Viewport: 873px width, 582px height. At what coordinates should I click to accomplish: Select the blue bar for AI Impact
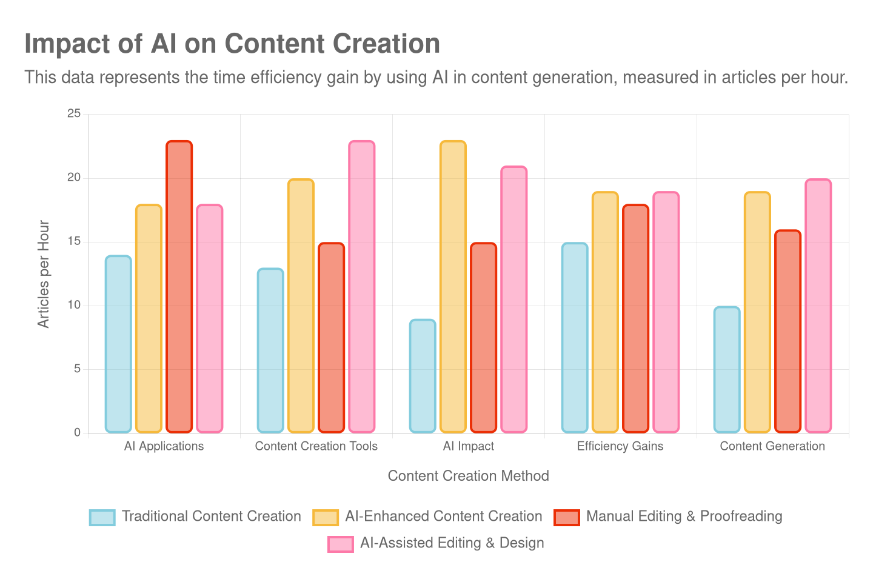(x=423, y=376)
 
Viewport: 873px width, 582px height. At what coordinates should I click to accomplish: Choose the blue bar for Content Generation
(x=727, y=370)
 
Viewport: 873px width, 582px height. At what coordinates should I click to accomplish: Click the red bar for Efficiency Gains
(x=635, y=318)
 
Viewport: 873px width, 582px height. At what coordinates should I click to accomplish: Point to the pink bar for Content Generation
(x=818, y=306)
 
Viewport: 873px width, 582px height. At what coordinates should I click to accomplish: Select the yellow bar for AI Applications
(x=149, y=318)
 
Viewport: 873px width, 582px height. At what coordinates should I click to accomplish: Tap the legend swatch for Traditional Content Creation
(x=102, y=517)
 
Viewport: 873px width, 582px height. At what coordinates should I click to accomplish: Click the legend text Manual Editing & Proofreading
(x=684, y=517)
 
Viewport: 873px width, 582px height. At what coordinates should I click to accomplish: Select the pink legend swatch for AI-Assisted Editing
(x=340, y=544)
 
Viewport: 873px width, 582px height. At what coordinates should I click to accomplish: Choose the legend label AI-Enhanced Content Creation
(x=443, y=517)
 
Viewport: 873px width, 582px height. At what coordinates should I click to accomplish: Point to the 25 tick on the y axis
(x=74, y=114)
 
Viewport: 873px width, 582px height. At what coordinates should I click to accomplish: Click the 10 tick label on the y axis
(x=74, y=305)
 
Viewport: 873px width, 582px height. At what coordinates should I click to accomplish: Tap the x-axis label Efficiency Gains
(x=620, y=446)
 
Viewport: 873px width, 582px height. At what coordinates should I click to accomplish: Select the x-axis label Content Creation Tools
(x=316, y=446)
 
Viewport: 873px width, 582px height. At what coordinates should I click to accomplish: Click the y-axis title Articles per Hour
(x=43, y=274)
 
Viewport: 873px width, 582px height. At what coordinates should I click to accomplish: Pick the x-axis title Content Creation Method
(x=468, y=476)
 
